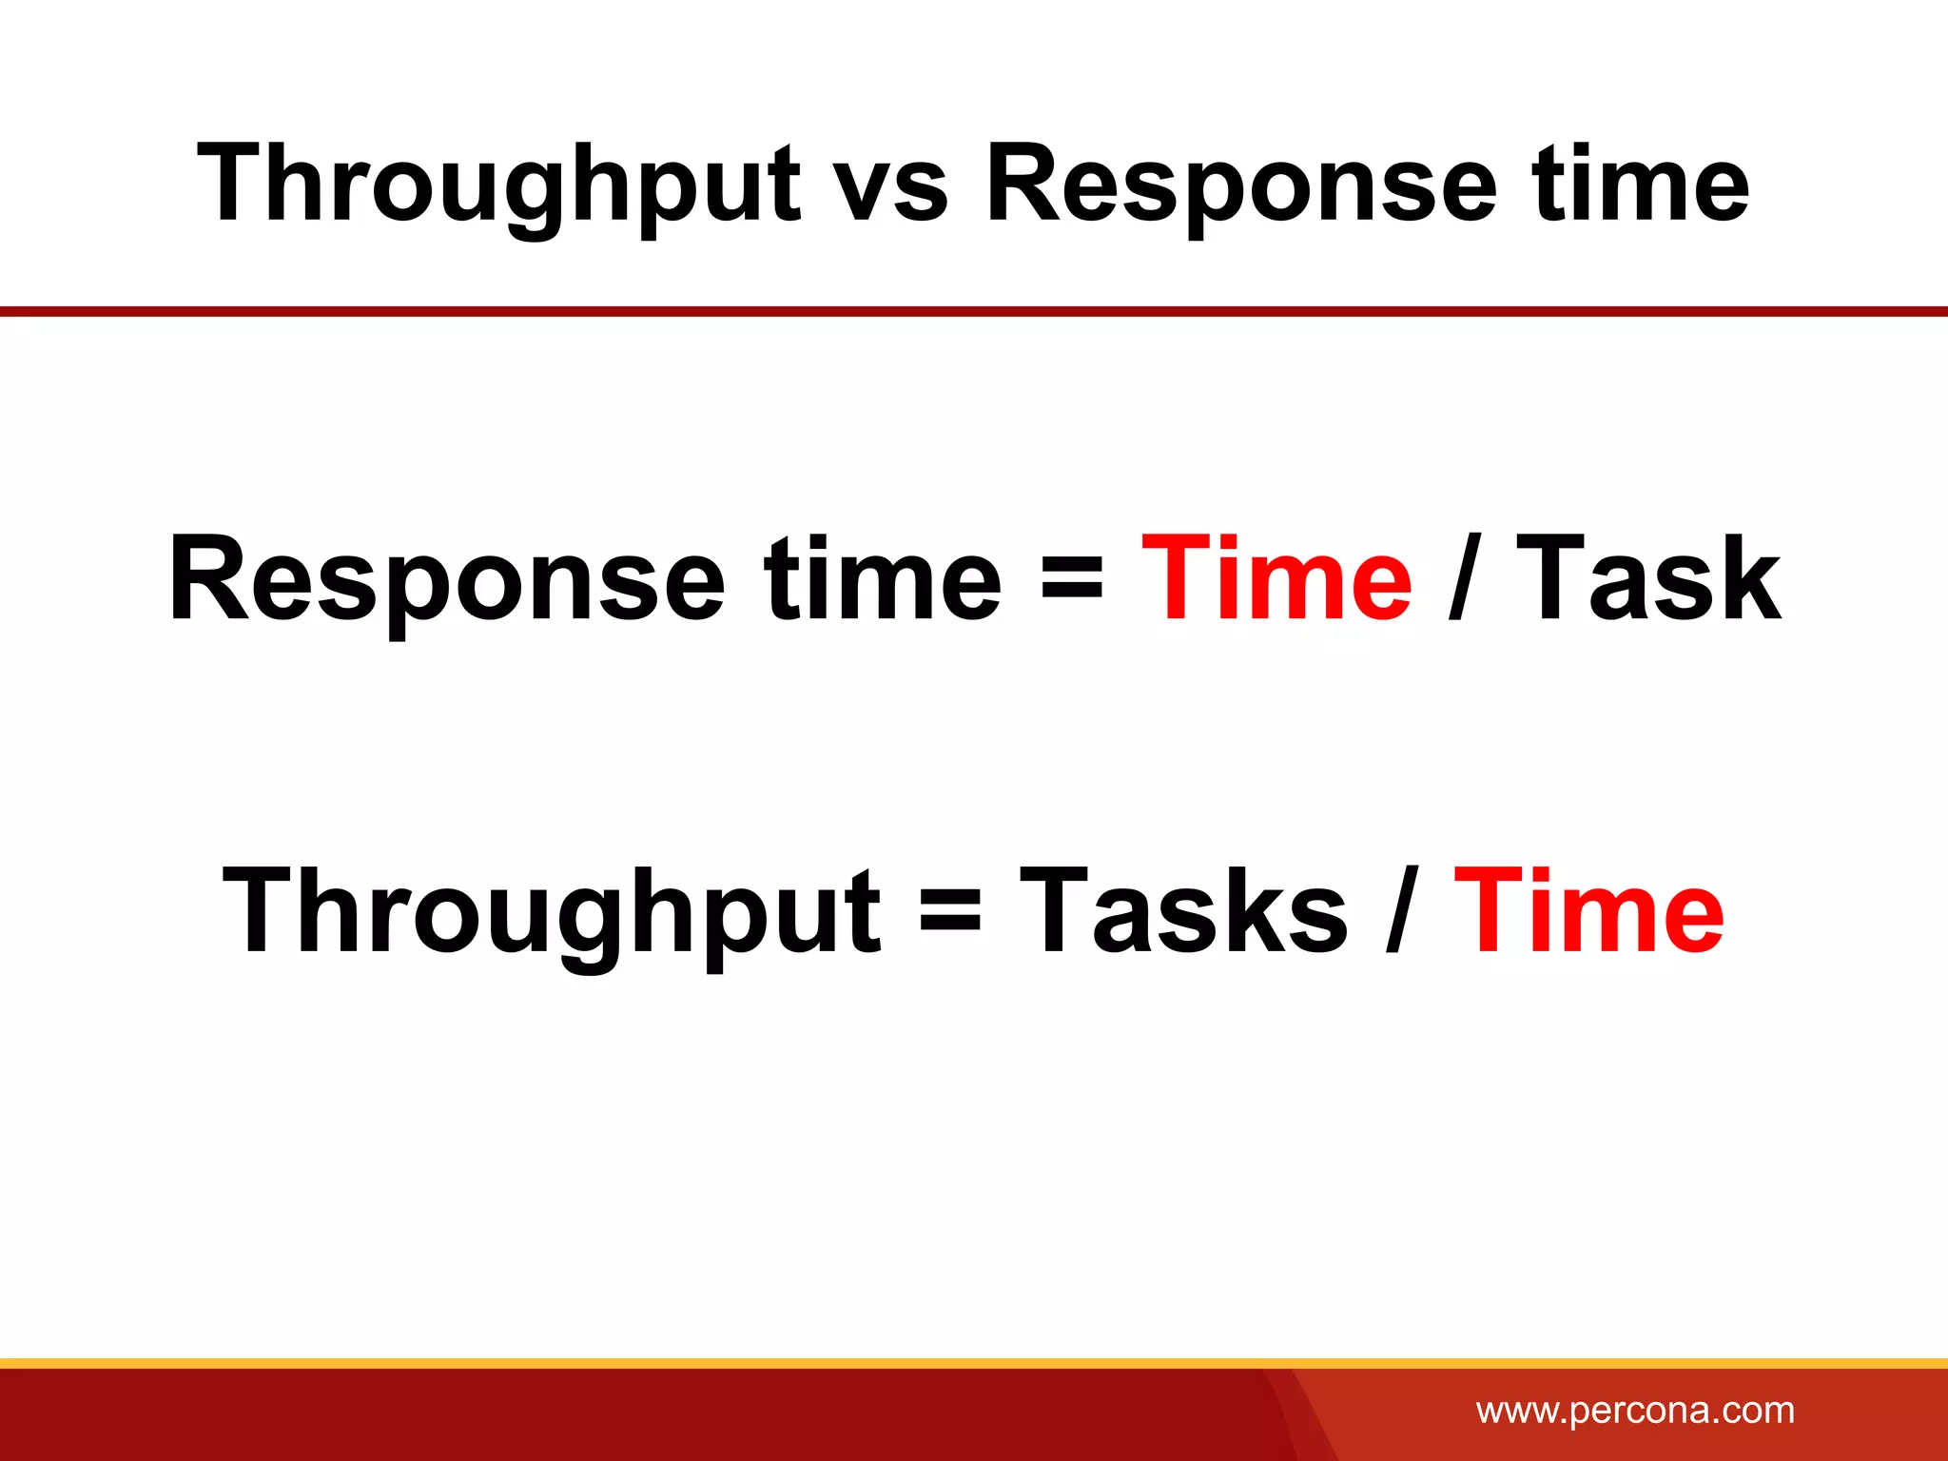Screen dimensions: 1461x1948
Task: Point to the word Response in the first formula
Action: coord(447,580)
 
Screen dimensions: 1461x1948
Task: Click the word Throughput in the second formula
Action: coord(552,913)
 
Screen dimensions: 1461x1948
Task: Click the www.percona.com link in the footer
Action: coord(1635,1410)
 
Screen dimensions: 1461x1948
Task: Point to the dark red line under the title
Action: coord(974,311)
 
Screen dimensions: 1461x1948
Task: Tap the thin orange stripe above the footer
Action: coord(974,1363)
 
